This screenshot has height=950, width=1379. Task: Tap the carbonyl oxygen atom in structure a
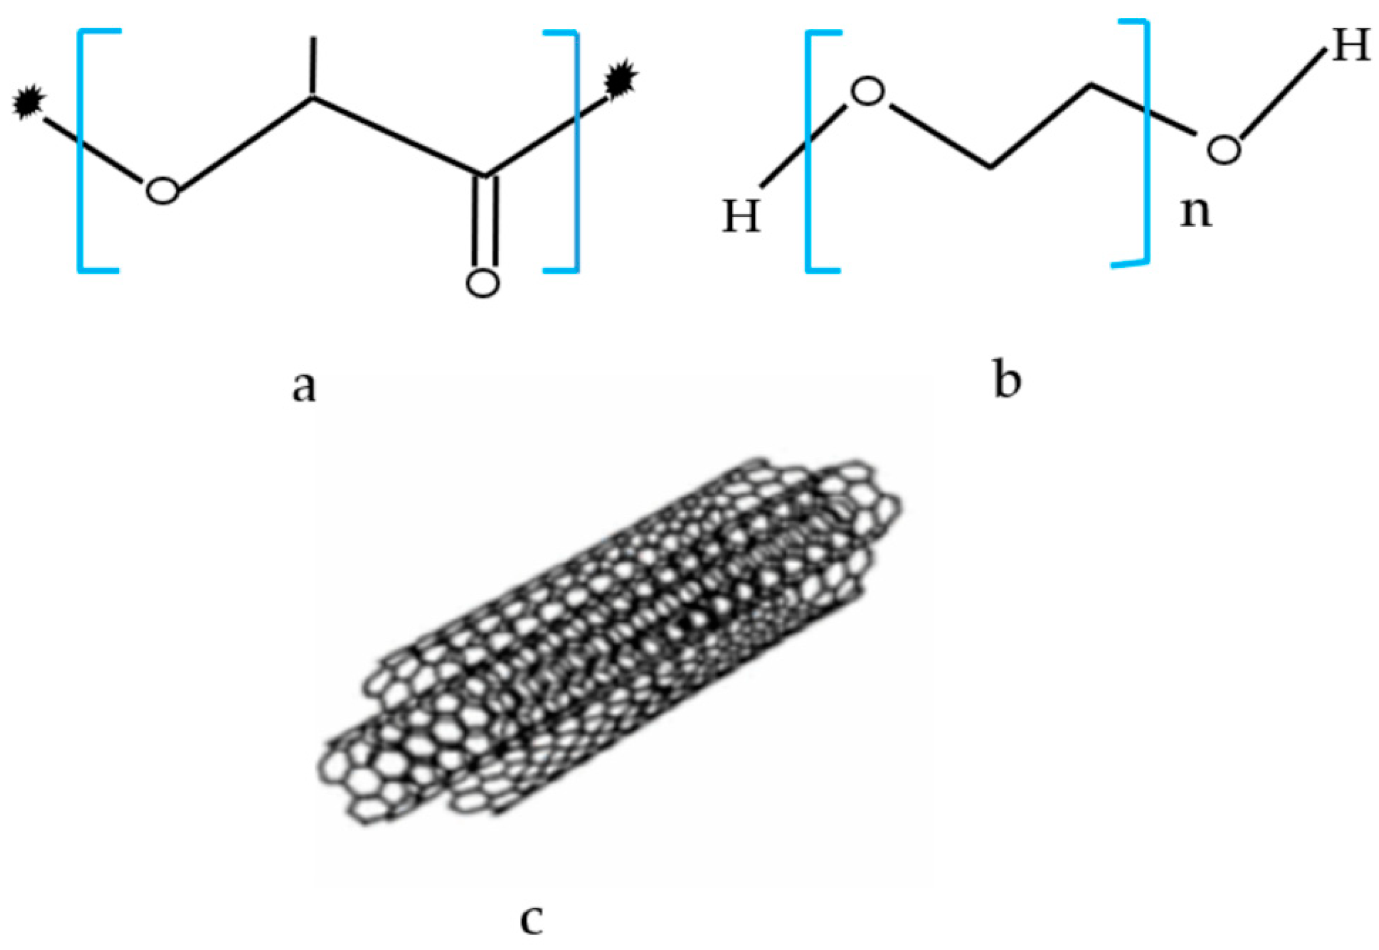[482, 282]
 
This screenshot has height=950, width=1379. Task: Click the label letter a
[304, 386]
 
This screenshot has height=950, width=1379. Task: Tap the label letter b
[1007, 380]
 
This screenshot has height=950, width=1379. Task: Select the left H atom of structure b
[742, 216]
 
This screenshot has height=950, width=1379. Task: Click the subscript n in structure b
[1196, 213]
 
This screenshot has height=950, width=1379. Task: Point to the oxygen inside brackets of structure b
[868, 93]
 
